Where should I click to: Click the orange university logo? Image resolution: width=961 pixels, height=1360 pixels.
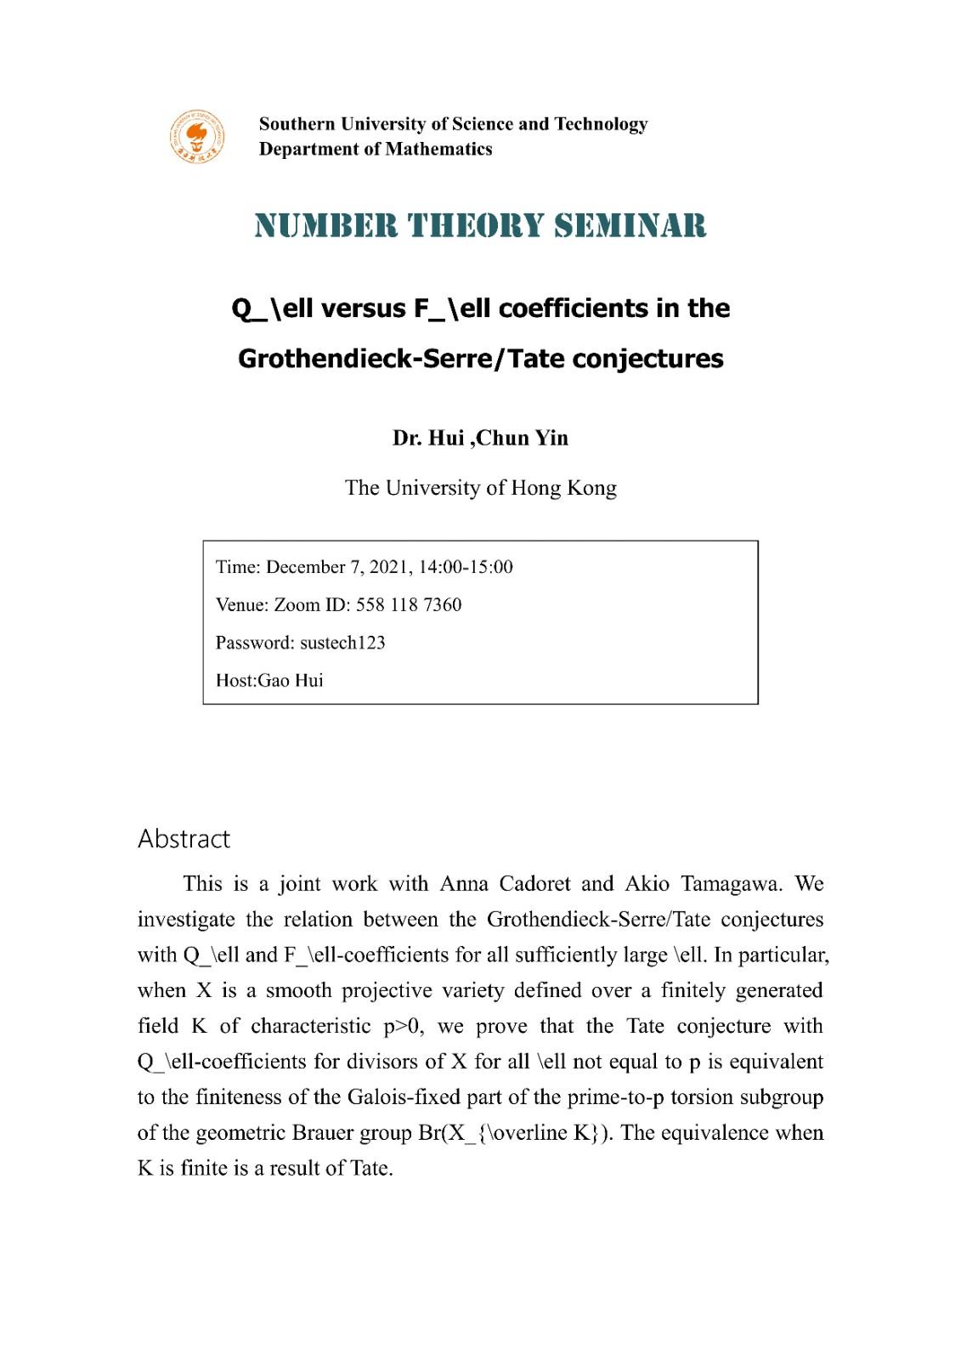pos(196,136)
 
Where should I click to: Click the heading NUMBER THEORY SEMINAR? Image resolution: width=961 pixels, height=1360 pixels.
pos(480,226)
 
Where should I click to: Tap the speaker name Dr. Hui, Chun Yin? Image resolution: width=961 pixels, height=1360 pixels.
pos(480,438)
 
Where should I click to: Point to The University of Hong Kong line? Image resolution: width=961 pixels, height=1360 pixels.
pos(480,488)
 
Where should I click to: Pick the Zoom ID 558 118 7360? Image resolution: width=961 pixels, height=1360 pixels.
pos(409,605)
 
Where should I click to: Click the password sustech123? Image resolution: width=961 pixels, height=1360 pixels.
pos(342,643)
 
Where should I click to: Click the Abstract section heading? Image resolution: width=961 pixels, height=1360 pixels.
pos(184,839)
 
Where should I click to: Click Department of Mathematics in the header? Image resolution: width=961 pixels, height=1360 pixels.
pos(376,150)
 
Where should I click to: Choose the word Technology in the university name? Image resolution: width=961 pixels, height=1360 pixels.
pos(601,124)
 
